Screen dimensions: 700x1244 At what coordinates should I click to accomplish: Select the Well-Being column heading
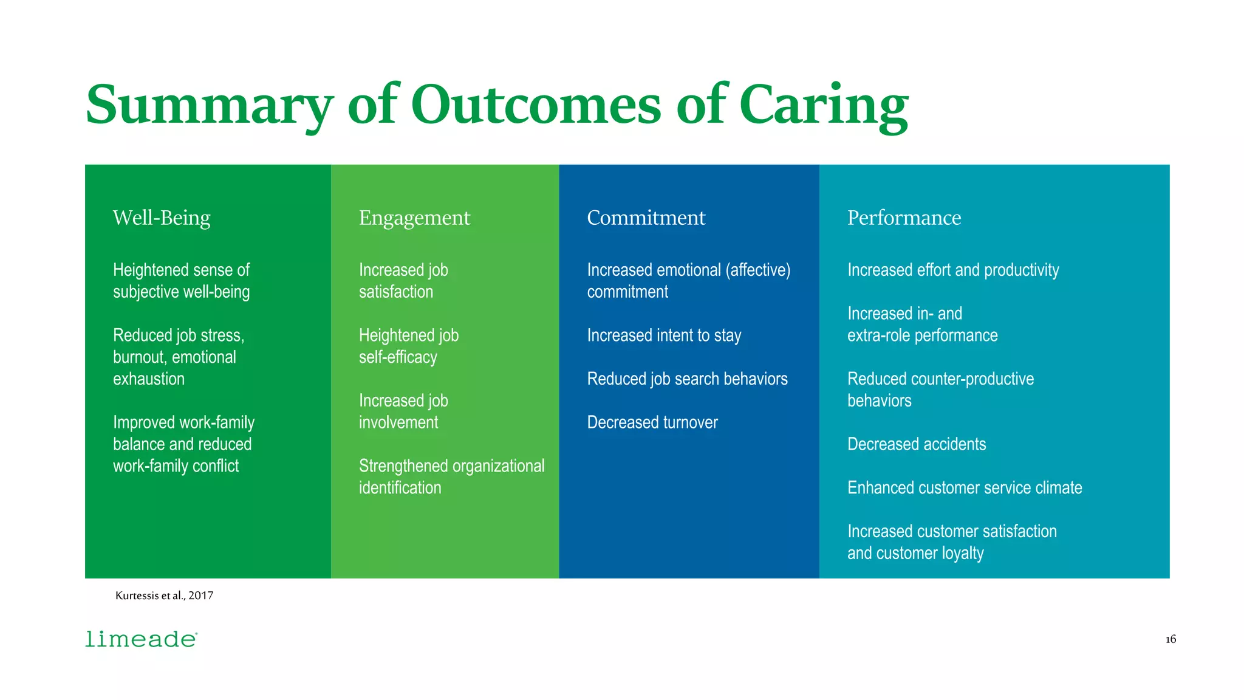(162, 218)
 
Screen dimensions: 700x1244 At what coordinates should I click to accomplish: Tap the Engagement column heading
(414, 218)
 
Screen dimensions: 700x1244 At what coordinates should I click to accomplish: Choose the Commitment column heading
(646, 218)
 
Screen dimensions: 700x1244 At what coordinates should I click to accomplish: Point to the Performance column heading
(904, 218)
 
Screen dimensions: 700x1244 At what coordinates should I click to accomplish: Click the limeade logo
(141, 639)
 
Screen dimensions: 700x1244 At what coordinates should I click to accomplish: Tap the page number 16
(1171, 639)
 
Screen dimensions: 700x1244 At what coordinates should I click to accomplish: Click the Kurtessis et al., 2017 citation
(164, 595)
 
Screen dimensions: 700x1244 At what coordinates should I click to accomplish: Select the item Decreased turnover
(652, 422)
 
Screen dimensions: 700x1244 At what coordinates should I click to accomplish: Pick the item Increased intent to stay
(664, 335)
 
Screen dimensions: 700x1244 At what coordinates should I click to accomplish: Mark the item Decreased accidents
(916, 444)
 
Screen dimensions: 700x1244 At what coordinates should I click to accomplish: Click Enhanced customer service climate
(964, 488)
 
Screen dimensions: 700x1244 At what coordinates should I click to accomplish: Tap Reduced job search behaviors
(687, 379)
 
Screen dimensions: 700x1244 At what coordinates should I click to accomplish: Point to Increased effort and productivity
(952, 270)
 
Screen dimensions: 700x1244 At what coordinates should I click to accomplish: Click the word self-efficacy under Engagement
(398, 357)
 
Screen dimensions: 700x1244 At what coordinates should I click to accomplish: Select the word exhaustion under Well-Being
(149, 379)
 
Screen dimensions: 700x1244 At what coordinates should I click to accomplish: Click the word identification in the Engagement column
(400, 488)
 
